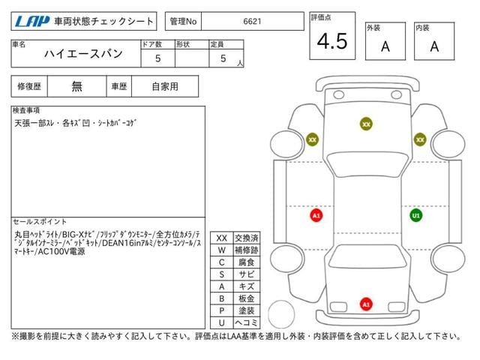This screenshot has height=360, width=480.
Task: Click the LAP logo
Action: coord(31,22)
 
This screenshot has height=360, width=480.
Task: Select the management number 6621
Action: coord(252,22)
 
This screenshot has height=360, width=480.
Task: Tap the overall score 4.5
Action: coord(332,41)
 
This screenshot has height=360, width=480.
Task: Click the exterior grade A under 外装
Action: coord(385,46)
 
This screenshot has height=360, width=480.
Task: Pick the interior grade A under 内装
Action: coord(434,46)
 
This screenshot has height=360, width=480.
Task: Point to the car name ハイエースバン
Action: coord(83,54)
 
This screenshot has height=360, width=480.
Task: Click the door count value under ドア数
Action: coord(157,58)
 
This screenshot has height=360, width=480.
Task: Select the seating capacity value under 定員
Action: coord(223,58)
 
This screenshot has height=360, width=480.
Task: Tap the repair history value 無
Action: coord(76,86)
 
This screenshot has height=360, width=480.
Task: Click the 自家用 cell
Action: coord(165,86)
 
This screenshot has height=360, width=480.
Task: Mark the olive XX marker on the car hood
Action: coord(366,124)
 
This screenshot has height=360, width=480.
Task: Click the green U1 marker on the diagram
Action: coord(415,215)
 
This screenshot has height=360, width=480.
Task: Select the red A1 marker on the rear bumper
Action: coord(366,304)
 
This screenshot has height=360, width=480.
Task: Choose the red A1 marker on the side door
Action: coord(316,215)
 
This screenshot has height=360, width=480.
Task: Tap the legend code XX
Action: coord(222,238)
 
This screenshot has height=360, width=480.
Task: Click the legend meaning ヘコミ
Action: coord(247,322)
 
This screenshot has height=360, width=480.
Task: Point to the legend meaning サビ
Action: coord(247,274)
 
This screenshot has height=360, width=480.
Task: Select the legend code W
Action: coord(222,250)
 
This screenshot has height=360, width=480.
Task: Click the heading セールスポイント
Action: coord(40,221)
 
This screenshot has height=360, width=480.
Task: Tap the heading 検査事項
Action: coord(26,110)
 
